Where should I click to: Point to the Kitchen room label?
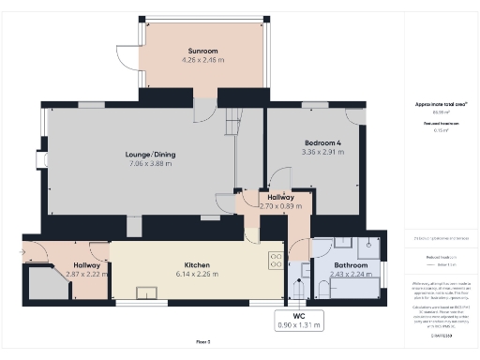point(197,265)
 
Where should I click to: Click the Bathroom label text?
point(352,265)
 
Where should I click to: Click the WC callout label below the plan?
point(298,317)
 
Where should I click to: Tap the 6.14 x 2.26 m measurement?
point(197,275)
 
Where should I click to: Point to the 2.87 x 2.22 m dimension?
point(87,275)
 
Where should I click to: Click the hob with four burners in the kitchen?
point(277,260)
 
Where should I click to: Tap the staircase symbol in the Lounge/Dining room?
point(232,121)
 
